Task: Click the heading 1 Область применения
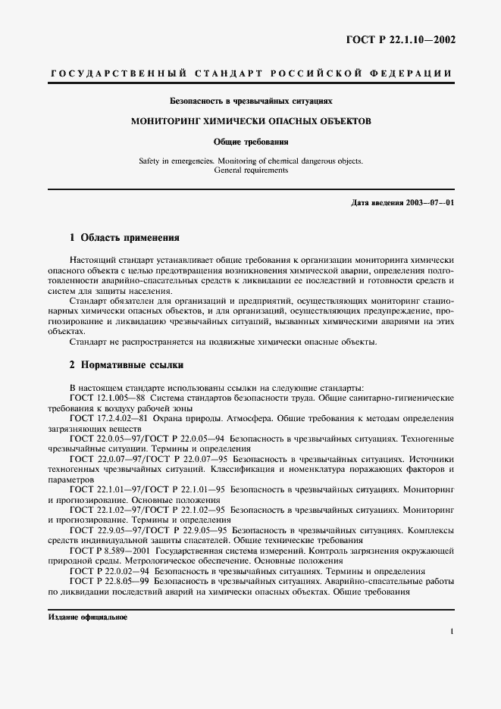pos(124,236)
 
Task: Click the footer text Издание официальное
pos(88,617)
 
